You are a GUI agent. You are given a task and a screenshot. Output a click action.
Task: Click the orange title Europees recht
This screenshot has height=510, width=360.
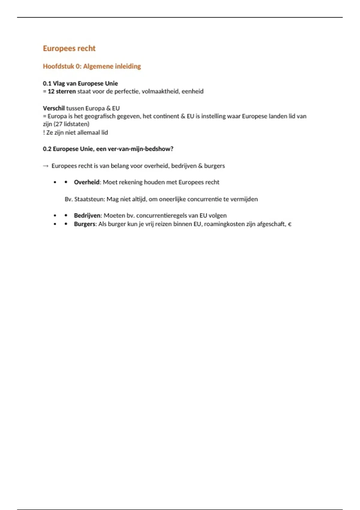[x=69, y=48]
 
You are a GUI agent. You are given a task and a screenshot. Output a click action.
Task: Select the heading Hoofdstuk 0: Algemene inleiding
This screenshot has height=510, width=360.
[x=92, y=66]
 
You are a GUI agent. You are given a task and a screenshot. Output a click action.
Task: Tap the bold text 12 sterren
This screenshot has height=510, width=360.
[x=62, y=91]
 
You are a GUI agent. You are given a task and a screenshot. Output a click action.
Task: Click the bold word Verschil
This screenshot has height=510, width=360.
[x=54, y=108]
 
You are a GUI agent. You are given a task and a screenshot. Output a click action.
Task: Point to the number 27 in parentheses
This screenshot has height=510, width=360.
[x=59, y=124]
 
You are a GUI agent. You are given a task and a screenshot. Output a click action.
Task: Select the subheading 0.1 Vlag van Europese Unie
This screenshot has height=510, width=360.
[x=80, y=83]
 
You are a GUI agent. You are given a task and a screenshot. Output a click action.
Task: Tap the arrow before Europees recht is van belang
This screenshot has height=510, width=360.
[x=46, y=166]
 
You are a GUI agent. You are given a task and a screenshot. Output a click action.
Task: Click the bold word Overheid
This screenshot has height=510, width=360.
[x=86, y=182]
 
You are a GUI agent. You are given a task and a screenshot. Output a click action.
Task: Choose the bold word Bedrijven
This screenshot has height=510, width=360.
[x=87, y=215]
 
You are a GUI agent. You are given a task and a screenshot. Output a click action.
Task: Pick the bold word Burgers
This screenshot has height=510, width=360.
[x=85, y=224]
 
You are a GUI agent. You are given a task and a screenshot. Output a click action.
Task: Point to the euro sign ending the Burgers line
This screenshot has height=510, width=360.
[x=289, y=224]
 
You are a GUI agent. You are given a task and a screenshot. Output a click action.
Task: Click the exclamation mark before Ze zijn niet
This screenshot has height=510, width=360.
[x=44, y=132]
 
